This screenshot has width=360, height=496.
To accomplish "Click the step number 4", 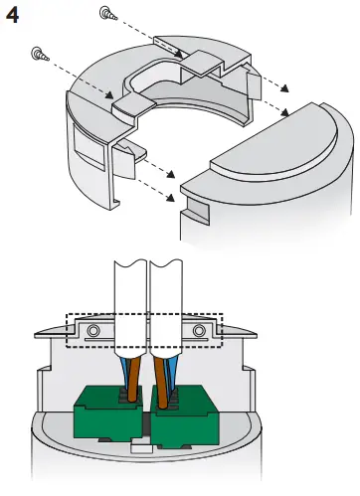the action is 12,15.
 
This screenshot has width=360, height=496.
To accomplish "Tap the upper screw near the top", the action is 108,13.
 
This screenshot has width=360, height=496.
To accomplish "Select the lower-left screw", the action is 40,54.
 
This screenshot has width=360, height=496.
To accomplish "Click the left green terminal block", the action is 108,413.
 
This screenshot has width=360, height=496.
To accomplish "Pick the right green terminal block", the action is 185,415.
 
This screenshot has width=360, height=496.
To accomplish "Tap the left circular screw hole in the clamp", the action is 93,331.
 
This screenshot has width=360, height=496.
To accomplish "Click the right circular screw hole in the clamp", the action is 199,330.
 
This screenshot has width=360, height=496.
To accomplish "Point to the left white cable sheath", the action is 130,308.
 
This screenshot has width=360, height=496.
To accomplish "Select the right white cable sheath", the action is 166,308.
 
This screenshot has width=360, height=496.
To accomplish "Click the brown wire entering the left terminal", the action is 133,378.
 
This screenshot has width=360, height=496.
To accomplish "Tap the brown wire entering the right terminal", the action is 161,381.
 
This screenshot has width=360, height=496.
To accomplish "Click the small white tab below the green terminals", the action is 141,448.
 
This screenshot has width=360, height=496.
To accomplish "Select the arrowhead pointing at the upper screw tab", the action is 179,54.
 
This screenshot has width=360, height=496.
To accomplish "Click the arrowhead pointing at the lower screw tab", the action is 109,94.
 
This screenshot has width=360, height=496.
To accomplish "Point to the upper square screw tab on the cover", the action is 202,63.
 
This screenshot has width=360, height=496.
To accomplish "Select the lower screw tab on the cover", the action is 133,106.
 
